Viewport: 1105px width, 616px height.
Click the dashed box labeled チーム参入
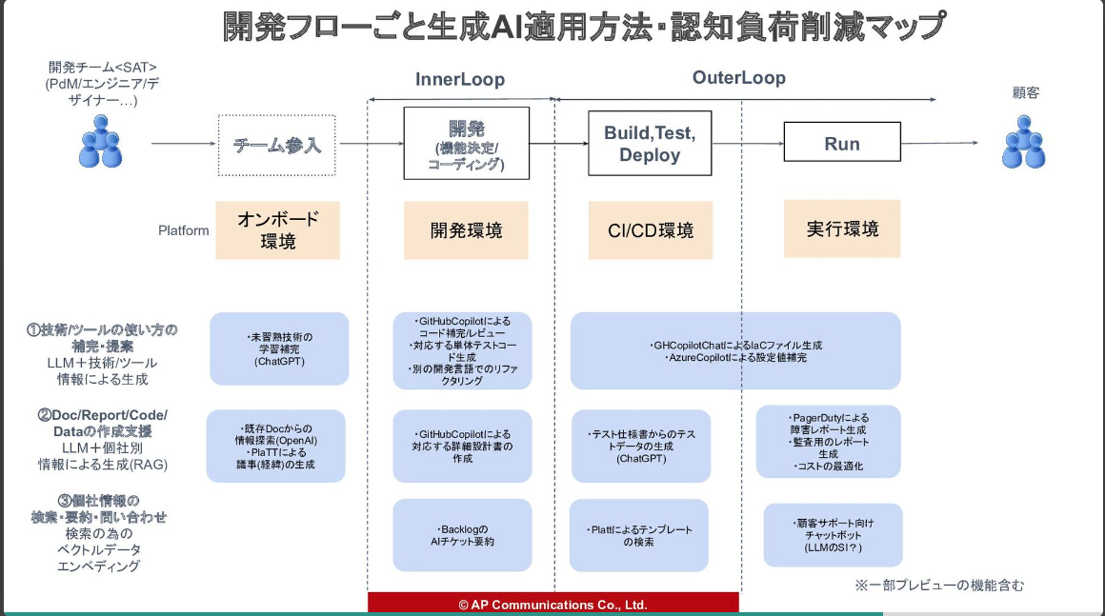277,145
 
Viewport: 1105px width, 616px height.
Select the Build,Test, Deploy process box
650,144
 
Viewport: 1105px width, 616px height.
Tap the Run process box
841,144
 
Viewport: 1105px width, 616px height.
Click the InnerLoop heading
460,79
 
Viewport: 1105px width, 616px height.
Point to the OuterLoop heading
738,78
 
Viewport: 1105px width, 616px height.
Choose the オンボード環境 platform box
277,229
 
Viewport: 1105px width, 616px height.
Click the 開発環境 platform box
466,230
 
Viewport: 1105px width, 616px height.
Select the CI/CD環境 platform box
650,230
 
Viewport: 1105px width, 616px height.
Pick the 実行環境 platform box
842,229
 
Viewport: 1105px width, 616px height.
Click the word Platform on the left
184,230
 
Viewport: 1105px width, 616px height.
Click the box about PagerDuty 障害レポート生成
828,442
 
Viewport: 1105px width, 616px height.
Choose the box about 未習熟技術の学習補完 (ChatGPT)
279,348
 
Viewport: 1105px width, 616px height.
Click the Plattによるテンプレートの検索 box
639,535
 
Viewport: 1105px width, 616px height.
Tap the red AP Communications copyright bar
552,604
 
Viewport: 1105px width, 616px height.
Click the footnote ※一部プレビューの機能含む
938,586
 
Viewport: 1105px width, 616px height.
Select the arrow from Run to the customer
939,144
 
